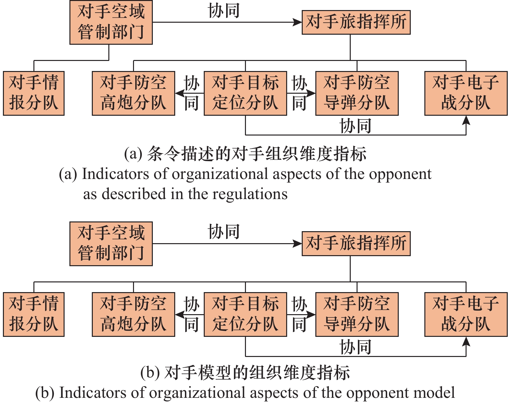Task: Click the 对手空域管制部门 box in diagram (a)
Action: pos(111,22)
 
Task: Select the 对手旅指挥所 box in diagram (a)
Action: pos(356,22)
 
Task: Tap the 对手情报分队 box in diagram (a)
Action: pos(34,93)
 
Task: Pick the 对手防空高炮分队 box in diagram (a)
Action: pos(133,93)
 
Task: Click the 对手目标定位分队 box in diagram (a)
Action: pos(245,93)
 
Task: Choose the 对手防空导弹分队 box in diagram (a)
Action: pos(357,93)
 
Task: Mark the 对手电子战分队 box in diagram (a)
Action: pos(466,93)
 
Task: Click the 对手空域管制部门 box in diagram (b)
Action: pos(111,244)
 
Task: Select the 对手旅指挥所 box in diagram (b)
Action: pos(356,244)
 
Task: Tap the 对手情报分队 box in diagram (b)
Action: pos(34,314)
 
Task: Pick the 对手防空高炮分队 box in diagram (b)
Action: pos(133,314)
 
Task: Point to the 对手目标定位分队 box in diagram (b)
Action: pos(245,314)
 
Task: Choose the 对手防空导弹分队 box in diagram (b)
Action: pos(357,314)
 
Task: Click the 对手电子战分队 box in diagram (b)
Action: pos(466,314)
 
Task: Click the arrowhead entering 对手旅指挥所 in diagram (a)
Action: pos(297,22)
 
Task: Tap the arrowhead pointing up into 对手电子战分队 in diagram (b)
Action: pos(466,341)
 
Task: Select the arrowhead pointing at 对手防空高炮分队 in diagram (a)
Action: pos(180,93)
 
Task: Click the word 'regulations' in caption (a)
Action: pos(250,195)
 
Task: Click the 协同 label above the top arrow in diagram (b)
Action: pos(224,231)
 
